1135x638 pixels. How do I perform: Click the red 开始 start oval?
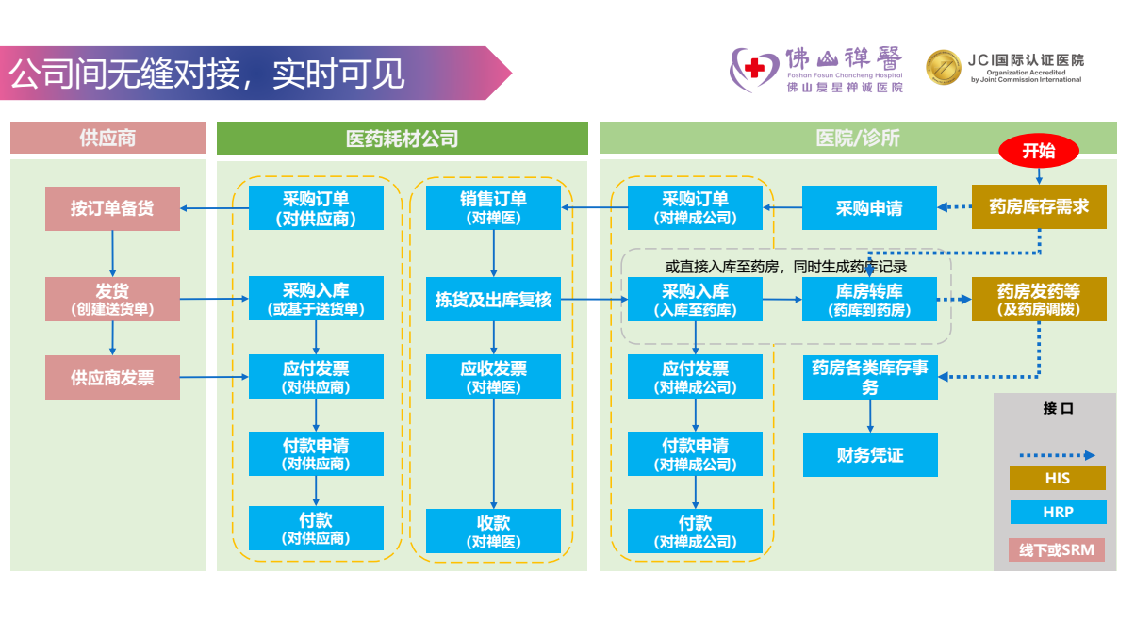[x=1039, y=150]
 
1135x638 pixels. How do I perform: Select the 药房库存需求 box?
[x=1039, y=206]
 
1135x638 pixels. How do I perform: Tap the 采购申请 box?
[x=869, y=208]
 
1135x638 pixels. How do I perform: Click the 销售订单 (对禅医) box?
[x=493, y=207]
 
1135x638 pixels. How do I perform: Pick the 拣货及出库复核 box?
[x=493, y=300]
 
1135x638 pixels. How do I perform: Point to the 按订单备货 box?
[x=112, y=208]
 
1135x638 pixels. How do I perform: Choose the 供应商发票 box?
[x=112, y=378]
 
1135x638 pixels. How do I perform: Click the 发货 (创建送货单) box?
[x=112, y=299]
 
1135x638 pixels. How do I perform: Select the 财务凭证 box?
[x=870, y=455]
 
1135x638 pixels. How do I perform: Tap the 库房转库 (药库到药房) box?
[x=869, y=300]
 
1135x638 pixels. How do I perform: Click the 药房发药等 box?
[x=1039, y=300]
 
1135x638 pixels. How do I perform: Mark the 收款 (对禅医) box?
[x=493, y=532]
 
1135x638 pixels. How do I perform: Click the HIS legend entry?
[x=1057, y=478]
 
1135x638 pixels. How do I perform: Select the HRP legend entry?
[x=1057, y=513]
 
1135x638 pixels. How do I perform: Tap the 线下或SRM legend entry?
[x=1057, y=549]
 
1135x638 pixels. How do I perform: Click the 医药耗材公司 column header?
[x=402, y=139]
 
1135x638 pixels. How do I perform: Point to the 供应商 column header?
[x=107, y=139]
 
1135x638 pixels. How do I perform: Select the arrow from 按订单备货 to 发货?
[x=112, y=254]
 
